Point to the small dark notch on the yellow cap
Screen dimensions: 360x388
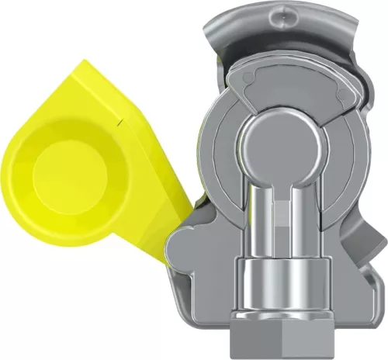116,123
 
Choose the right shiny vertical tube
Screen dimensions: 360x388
300,217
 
